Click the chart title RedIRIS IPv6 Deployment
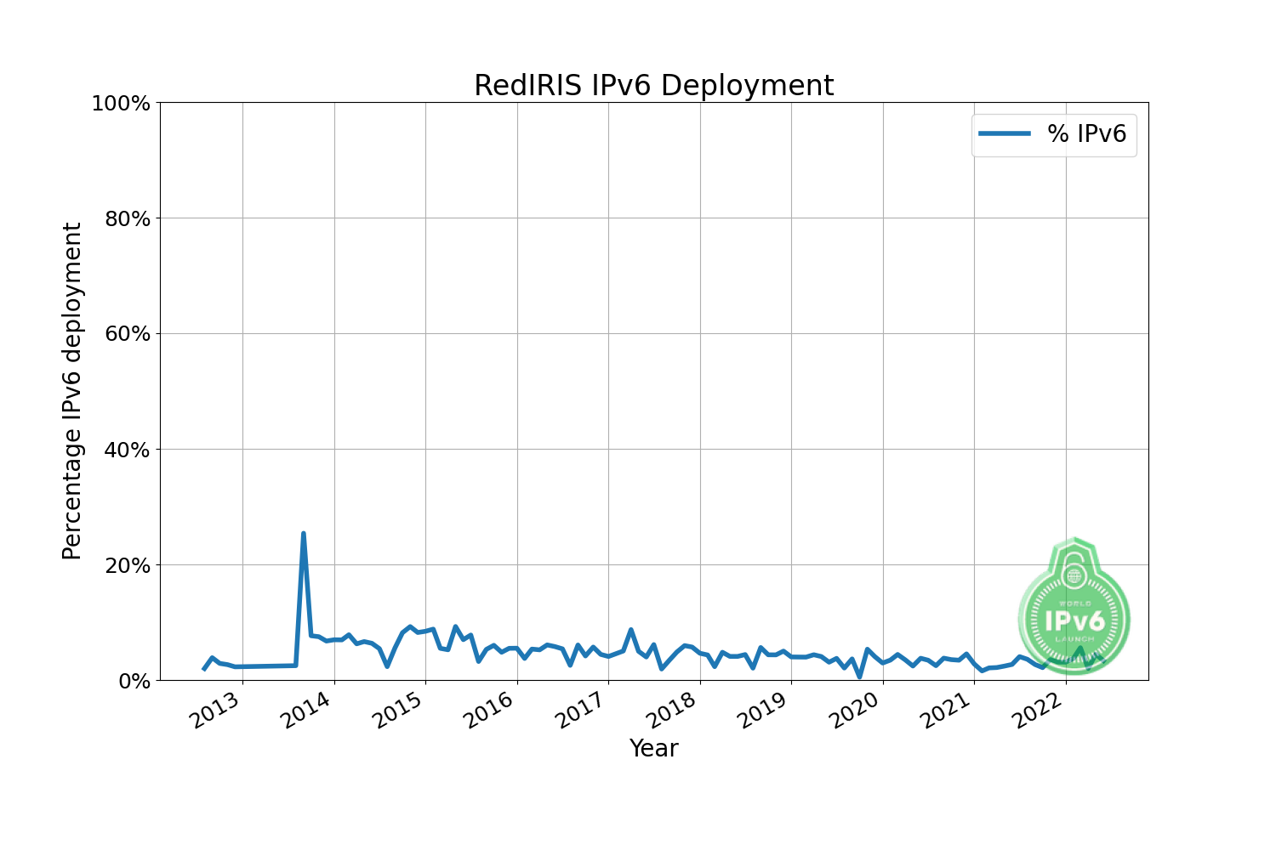[x=653, y=86]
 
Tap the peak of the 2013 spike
[x=304, y=534]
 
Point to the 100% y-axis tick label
[x=120, y=104]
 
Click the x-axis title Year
[x=653, y=749]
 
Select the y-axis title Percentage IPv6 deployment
[x=73, y=391]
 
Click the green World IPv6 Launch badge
[x=1074, y=616]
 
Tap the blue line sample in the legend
[x=1005, y=133]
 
